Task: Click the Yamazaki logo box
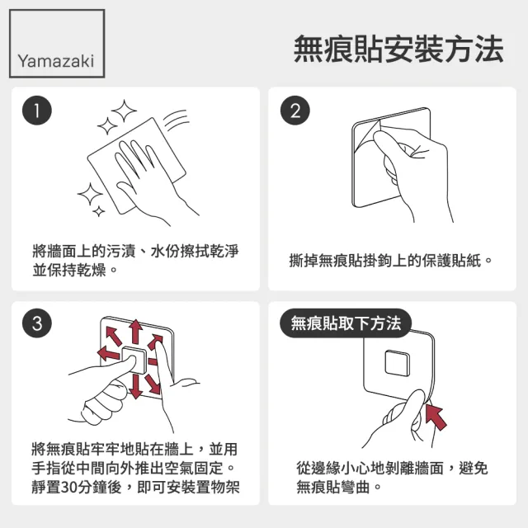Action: [x=57, y=43]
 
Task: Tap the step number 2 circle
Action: [x=295, y=111]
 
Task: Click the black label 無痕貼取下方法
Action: [x=346, y=323]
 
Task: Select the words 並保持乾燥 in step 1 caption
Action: [x=73, y=271]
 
